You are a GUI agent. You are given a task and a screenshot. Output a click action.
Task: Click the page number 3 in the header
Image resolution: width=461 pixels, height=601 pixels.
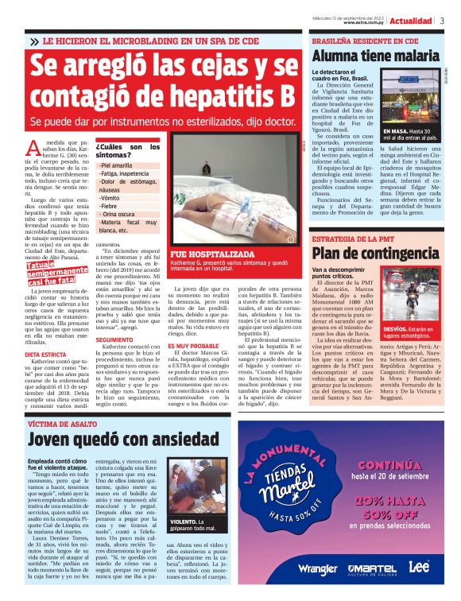click(442, 20)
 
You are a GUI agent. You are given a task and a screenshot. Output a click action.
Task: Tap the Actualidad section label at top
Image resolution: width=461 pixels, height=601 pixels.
click(411, 20)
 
